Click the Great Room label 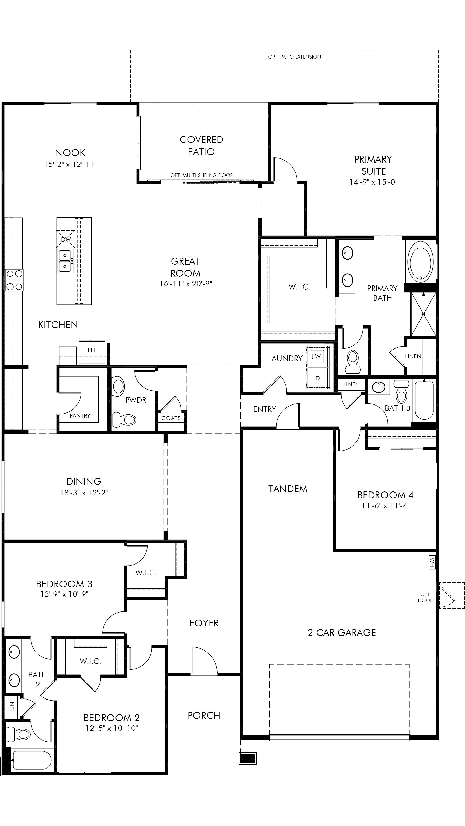[185, 267]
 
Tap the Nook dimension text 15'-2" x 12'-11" [70, 164]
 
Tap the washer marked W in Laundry [317, 356]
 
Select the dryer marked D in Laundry [317, 378]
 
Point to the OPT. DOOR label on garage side [425, 597]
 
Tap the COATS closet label [171, 418]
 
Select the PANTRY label [80, 416]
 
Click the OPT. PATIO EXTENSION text [294, 57]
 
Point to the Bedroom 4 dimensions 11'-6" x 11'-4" [385, 506]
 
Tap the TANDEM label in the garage [288, 489]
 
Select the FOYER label [204, 623]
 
